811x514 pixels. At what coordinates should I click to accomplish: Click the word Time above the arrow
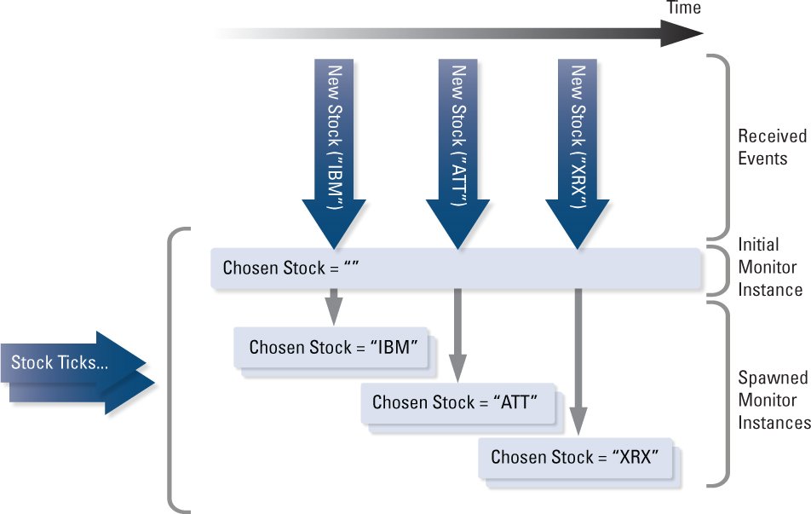(684, 9)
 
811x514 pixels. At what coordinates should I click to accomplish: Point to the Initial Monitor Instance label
(769, 266)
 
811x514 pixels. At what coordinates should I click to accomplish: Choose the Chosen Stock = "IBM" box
(332, 348)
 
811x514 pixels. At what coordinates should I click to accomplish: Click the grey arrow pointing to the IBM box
(333, 307)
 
